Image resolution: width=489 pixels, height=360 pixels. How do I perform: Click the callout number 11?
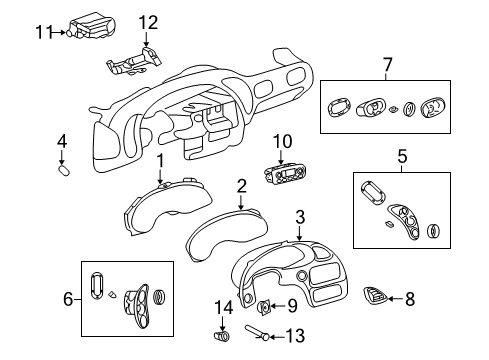pos(43,32)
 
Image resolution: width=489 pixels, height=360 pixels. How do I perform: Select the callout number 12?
pos(148,23)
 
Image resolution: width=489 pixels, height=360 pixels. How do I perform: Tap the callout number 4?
pos(61,141)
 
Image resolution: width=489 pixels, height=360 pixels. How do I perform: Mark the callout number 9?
pos(292,306)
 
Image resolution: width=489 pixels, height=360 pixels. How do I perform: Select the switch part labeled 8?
pos(374,296)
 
